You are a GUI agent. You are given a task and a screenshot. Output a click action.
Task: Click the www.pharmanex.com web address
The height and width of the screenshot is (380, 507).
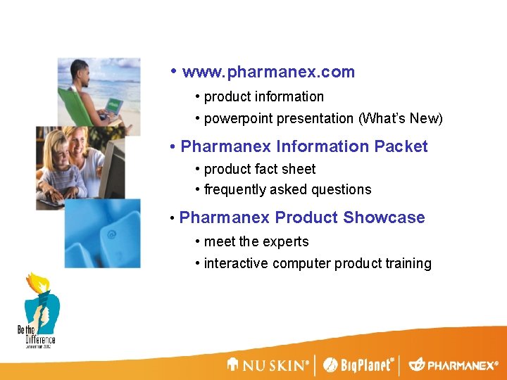(268, 72)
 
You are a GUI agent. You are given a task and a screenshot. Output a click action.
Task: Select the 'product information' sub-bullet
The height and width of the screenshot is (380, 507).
(263, 97)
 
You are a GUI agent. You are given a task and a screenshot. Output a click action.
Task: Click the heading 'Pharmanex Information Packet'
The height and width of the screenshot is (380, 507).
(303, 147)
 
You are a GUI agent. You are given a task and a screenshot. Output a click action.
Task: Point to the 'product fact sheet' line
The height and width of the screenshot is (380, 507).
(259, 170)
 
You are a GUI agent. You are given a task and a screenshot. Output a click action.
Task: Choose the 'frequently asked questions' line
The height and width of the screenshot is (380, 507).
(287, 190)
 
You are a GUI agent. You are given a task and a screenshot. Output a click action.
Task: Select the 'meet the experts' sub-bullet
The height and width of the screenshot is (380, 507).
(256, 242)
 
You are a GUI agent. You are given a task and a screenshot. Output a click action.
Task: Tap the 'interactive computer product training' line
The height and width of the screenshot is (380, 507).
(317, 264)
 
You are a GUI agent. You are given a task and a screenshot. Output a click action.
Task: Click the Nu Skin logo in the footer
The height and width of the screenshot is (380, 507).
(268, 365)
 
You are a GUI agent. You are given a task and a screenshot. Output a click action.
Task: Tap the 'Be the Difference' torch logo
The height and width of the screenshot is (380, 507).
(39, 310)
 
